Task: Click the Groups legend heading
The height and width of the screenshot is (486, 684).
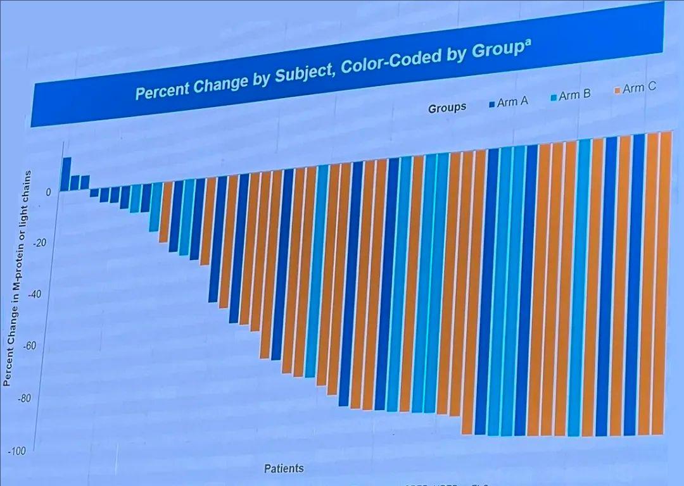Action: coord(447,108)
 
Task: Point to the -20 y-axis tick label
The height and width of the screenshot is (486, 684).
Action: coord(42,244)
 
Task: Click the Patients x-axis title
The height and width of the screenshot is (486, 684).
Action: coord(284,469)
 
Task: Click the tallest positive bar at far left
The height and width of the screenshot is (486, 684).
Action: coord(65,174)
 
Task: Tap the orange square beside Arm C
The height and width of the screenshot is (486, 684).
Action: coord(617,92)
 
